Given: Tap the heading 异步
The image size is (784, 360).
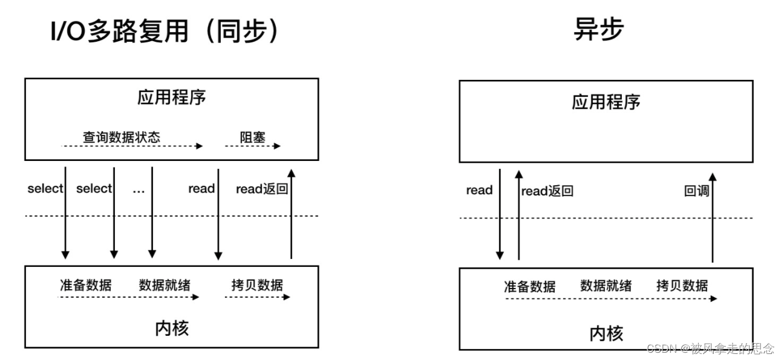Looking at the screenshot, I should pyautogui.click(x=598, y=30).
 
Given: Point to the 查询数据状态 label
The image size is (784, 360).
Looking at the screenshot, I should pyautogui.click(x=122, y=137).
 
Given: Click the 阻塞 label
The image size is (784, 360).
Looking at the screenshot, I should pyautogui.click(x=252, y=137).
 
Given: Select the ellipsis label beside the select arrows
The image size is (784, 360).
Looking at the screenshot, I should pyautogui.click(x=139, y=189).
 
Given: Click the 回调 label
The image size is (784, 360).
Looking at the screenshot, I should pyautogui.click(x=696, y=191).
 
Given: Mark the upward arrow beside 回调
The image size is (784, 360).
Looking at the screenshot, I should pyautogui.click(x=713, y=218).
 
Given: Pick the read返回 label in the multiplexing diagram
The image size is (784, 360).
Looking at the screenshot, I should pyautogui.click(x=262, y=189).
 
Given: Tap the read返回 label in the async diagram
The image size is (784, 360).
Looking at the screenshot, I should pyautogui.click(x=547, y=191).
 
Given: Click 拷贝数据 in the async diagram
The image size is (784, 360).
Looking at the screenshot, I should pyautogui.click(x=682, y=285).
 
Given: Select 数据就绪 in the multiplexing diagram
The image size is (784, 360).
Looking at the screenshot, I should pyautogui.click(x=165, y=284).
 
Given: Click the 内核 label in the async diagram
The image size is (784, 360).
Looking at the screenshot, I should pyautogui.click(x=606, y=333).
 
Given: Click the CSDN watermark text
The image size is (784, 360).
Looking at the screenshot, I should pyautogui.click(x=710, y=348).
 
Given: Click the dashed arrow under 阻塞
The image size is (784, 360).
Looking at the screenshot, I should pyautogui.click(x=252, y=146).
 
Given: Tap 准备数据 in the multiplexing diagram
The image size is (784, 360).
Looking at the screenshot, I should pyautogui.click(x=85, y=284).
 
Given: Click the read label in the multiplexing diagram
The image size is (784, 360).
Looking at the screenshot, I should pyautogui.click(x=201, y=189).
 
